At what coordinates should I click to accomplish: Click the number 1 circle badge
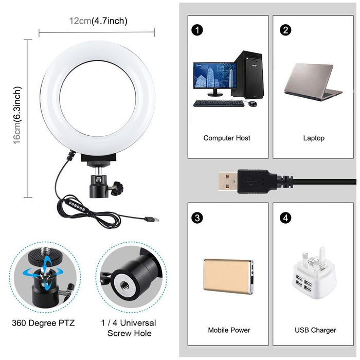tap(195, 30)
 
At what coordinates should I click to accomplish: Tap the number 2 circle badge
tap(286, 30)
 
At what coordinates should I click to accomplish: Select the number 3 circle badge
tap(195, 218)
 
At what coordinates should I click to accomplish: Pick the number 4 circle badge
tap(286, 218)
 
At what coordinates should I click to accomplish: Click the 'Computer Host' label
tap(227, 138)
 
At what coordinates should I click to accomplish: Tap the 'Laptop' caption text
tap(314, 138)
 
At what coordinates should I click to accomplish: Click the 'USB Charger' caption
tap(315, 330)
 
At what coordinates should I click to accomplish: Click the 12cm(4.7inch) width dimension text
tap(98, 21)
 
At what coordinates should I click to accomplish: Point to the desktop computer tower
tap(245, 75)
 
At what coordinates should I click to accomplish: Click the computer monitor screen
tap(213, 76)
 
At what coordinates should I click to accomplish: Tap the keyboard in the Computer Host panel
tap(219, 103)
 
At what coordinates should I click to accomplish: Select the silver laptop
tap(315, 82)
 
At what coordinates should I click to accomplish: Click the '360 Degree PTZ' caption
tap(43, 323)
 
